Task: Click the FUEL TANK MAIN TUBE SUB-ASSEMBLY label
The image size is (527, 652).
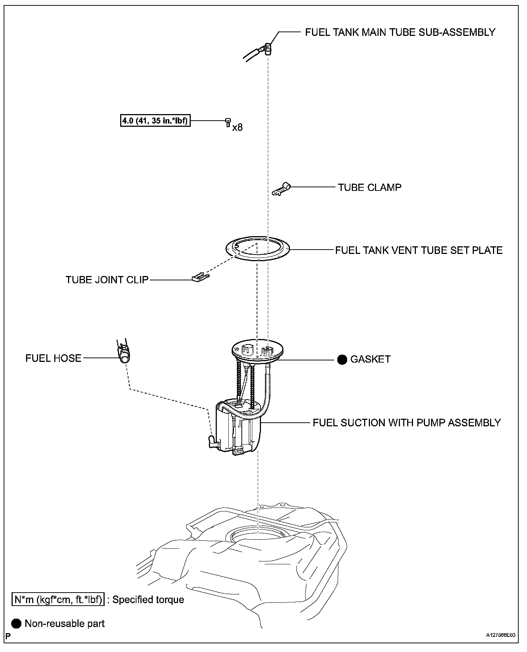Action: (400, 32)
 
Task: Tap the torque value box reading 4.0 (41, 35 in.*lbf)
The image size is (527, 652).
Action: (155, 121)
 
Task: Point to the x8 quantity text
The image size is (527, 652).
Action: (237, 128)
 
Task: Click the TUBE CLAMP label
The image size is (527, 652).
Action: (370, 187)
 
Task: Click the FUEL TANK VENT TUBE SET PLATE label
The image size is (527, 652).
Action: (419, 250)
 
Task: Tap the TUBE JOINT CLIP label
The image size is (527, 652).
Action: (107, 280)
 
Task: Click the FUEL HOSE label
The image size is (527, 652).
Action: (53, 358)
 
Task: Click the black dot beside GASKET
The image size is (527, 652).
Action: (342, 360)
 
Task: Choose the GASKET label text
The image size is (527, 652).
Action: (370, 359)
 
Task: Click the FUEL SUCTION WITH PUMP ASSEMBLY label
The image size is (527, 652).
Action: (407, 423)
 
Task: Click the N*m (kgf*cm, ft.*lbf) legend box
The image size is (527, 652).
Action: (58, 599)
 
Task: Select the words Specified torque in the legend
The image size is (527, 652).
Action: (148, 599)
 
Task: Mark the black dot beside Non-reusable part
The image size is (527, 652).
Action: (16, 623)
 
